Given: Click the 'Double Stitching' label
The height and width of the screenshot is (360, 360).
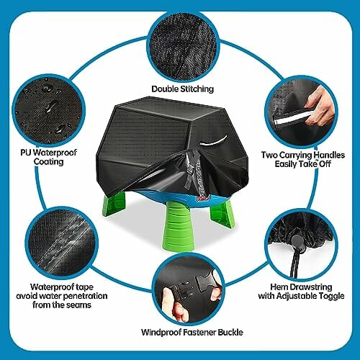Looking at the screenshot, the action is pyautogui.click(x=182, y=89).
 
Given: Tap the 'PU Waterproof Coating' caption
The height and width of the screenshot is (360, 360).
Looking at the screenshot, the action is pyautogui.click(x=48, y=157).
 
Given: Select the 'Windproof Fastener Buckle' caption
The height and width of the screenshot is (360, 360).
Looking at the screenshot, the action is pyautogui.click(x=192, y=333).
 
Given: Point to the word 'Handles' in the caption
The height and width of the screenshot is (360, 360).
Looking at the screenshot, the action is pyautogui.click(x=329, y=155).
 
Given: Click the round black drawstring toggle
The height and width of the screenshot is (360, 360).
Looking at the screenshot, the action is pyautogui.click(x=297, y=241).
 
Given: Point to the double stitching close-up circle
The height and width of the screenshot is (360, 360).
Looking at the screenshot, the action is pyautogui.click(x=183, y=46).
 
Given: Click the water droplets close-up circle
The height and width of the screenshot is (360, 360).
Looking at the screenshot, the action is pyautogui.click(x=49, y=111).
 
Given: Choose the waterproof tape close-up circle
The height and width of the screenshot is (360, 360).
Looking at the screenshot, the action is pyautogui.click(x=62, y=243).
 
